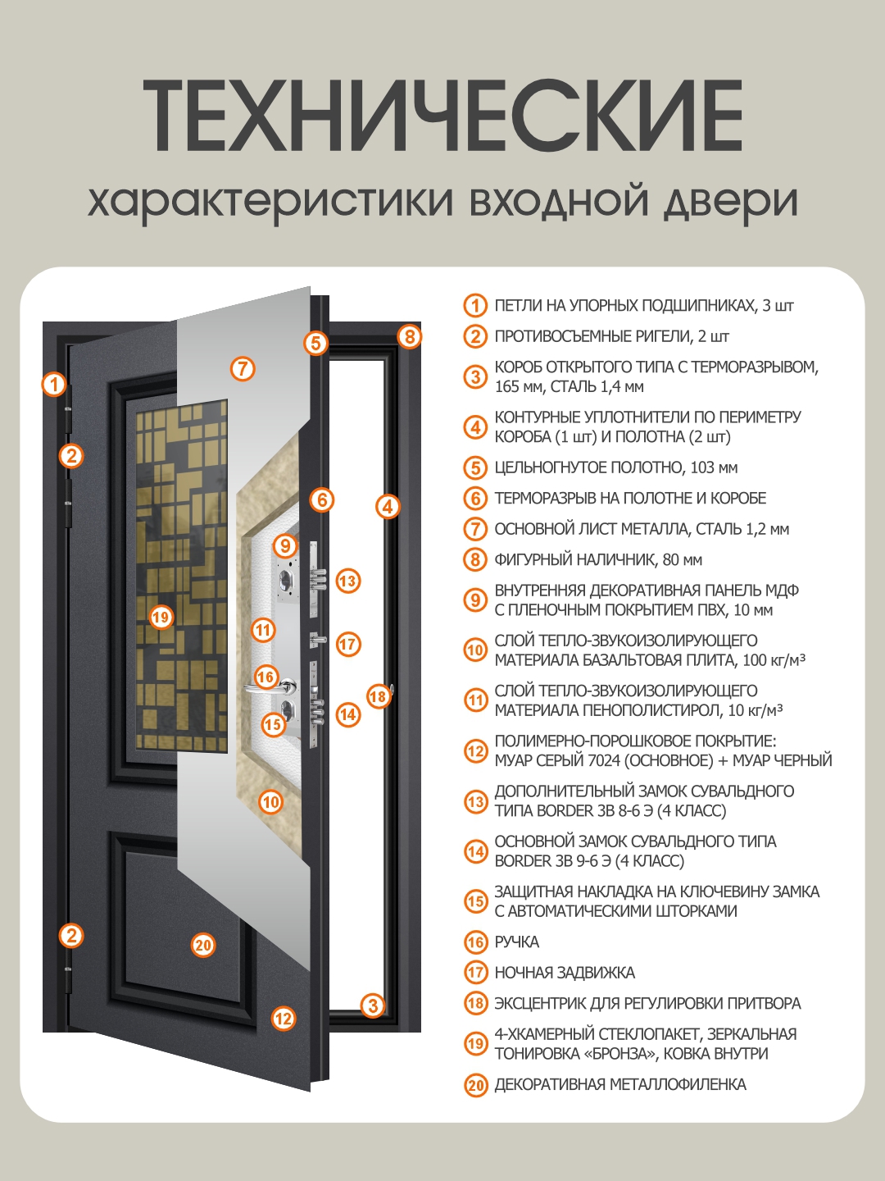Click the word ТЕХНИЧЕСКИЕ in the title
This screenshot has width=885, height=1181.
pos(442,116)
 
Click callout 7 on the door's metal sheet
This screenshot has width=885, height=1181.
pos(243,369)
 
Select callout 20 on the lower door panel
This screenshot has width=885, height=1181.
pos(203,945)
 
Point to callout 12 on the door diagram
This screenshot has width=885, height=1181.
pos(284,1019)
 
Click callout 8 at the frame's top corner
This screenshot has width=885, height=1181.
pos(410,336)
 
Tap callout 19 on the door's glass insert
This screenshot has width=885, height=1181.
pos(161,617)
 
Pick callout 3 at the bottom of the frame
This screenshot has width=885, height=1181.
pos(373,1005)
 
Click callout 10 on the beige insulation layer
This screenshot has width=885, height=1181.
pos(271,802)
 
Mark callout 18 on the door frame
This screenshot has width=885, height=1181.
pos(378,697)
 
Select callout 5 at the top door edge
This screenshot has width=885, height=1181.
pos(316,343)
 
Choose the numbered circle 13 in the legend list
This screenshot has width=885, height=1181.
pos(475,801)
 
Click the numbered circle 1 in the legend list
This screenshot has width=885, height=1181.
pos(475,306)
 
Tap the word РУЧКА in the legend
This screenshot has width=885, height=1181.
pos(516,942)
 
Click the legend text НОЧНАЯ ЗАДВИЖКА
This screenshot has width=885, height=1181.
pos(565,973)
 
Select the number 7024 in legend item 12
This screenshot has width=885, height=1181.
pos(604,761)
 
